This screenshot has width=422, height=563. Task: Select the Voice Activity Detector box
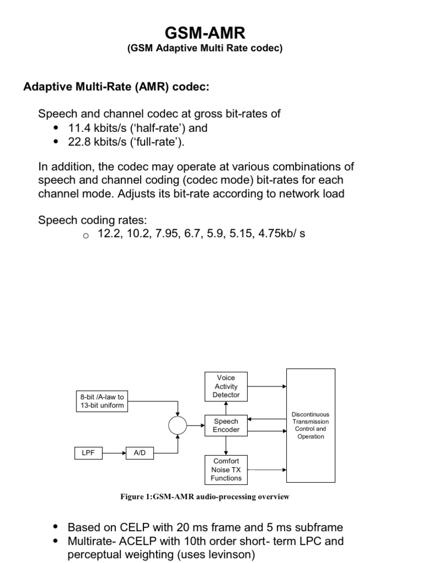tap(226, 387)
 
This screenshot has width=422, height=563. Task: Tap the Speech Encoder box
tap(226, 426)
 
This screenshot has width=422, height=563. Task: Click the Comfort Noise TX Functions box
tap(226, 470)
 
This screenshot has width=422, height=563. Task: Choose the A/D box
tap(140, 453)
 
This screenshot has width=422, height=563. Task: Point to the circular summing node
tap(177, 424)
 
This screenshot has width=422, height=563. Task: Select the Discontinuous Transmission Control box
tap(310, 425)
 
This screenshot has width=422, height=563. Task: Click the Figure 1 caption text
tap(204, 497)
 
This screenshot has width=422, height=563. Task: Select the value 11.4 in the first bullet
tap(79, 128)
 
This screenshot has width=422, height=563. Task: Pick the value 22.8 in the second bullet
tap(79, 142)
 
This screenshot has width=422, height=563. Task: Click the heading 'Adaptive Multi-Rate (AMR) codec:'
tap(116, 87)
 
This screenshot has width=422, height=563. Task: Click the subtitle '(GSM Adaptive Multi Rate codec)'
tap(204, 48)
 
